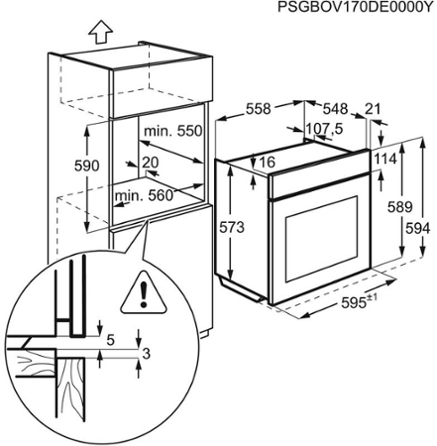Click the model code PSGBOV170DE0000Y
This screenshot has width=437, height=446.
coord(355,8)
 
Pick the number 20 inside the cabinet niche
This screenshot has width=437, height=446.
coord(150,162)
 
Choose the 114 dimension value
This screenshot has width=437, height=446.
coord(386,160)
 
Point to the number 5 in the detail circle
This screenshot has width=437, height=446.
coord(110,339)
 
